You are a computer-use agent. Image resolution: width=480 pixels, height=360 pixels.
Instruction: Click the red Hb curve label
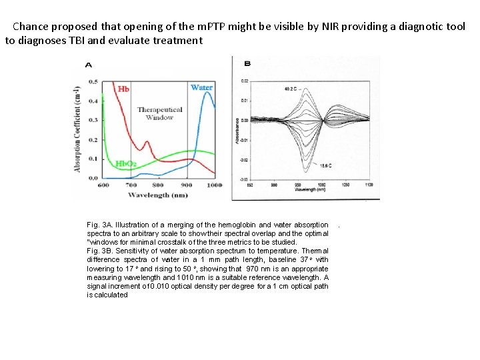click(x=123, y=89)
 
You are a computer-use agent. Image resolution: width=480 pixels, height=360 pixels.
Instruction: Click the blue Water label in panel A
click(x=201, y=87)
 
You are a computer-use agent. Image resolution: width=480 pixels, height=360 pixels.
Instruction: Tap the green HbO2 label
click(x=127, y=164)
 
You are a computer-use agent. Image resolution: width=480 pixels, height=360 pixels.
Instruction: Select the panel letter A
click(x=89, y=65)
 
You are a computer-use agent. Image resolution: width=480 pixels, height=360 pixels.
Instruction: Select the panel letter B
click(x=247, y=64)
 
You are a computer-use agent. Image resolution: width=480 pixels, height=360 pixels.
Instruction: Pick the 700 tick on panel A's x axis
click(x=131, y=185)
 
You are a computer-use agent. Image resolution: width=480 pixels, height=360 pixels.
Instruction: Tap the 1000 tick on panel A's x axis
click(x=214, y=185)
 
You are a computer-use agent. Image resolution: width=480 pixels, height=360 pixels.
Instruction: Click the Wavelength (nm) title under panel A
click(x=159, y=195)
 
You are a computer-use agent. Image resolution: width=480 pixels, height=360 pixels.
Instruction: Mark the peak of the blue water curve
click(x=207, y=93)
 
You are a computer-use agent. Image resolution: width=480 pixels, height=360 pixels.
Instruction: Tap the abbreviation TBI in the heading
click(x=75, y=40)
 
